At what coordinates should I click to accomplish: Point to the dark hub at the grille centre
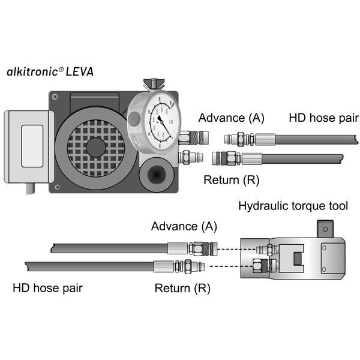click(96, 146)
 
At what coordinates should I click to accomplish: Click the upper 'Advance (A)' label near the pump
click(232, 117)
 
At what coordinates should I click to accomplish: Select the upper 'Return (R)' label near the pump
click(232, 179)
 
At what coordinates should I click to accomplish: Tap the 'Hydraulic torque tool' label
click(293, 206)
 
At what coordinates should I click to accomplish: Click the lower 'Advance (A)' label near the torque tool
click(184, 226)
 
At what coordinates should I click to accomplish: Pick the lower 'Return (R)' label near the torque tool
click(182, 288)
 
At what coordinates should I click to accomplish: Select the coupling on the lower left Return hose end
click(182, 266)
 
